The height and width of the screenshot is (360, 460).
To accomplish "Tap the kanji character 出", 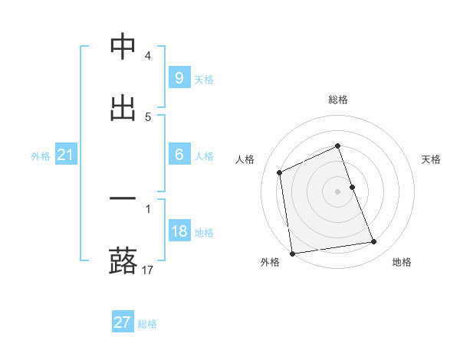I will click(123, 108).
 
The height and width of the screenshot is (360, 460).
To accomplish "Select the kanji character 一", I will click(123, 199).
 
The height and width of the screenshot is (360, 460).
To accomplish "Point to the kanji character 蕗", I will click(123, 261).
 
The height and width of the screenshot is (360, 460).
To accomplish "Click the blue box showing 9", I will click(179, 78).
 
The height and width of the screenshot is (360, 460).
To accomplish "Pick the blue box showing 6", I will click(179, 155).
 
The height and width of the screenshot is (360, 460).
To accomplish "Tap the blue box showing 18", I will click(179, 231).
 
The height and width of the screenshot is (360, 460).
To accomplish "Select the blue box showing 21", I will click(65, 155).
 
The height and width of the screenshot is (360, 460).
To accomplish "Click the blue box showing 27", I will click(122, 322).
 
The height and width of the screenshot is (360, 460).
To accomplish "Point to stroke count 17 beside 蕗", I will click(149, 270).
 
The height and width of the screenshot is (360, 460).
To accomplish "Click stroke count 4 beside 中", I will click(148, 56).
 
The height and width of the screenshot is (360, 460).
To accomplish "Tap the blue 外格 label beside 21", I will click(41, 156).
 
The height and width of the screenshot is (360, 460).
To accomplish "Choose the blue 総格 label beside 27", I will click(147, 324).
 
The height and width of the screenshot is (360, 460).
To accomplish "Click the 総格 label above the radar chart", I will click(338, 100).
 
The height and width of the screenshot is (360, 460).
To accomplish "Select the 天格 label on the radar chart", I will click(431, 159).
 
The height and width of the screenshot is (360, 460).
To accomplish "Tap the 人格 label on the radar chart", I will click(245, 159).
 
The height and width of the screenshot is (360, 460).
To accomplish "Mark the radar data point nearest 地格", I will click(373, 242).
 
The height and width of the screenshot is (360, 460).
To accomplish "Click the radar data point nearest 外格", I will click(292, 253).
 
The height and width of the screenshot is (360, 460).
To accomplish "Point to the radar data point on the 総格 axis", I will click(338, 146).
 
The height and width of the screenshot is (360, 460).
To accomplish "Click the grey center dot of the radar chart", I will click(338, 191).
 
